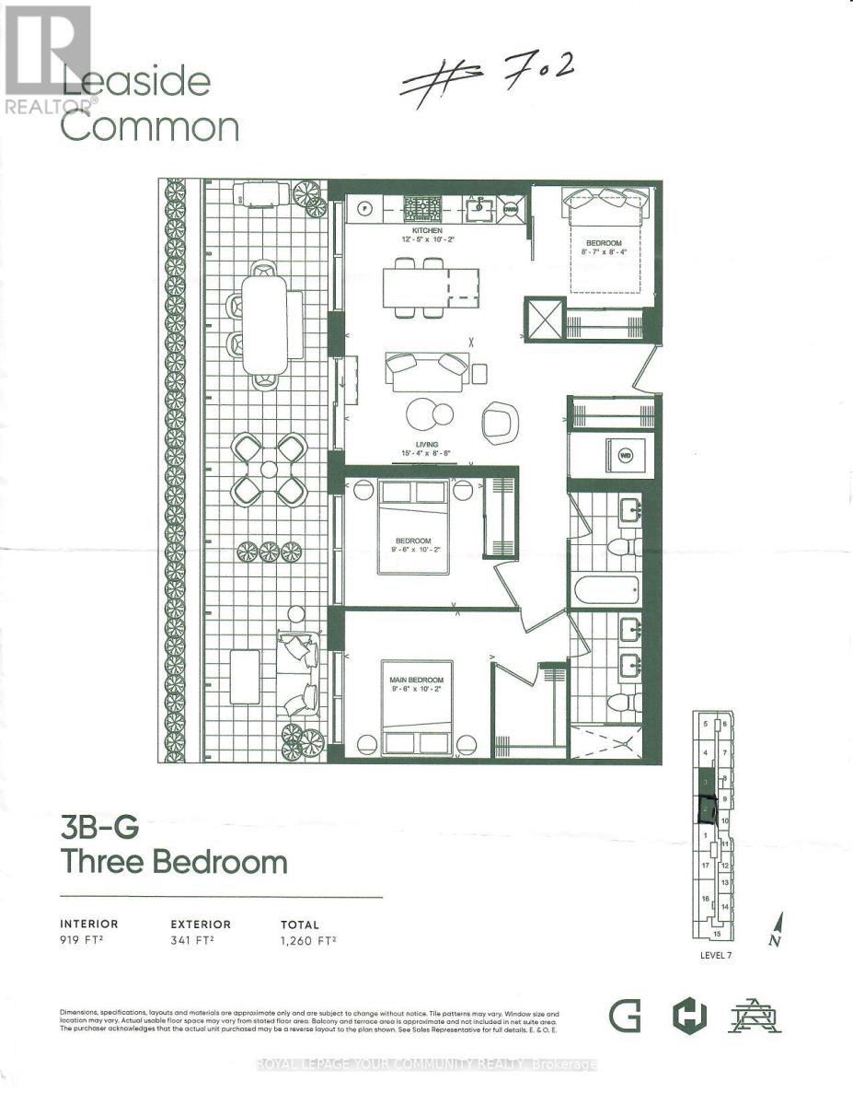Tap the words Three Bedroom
point(174,862)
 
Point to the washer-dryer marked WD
point(626,455)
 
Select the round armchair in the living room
point(501,420)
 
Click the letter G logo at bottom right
point(623,1018)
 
